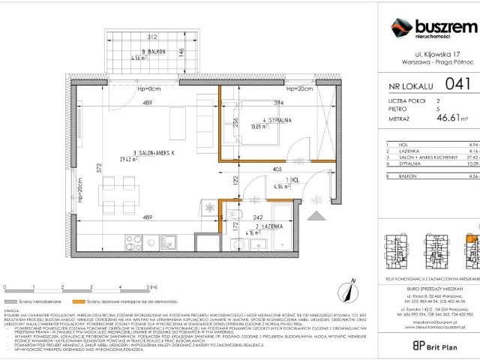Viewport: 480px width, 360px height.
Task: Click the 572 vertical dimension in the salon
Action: click(x=98, y=170)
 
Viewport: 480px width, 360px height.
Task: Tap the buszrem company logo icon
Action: click(x=400, y=29)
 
